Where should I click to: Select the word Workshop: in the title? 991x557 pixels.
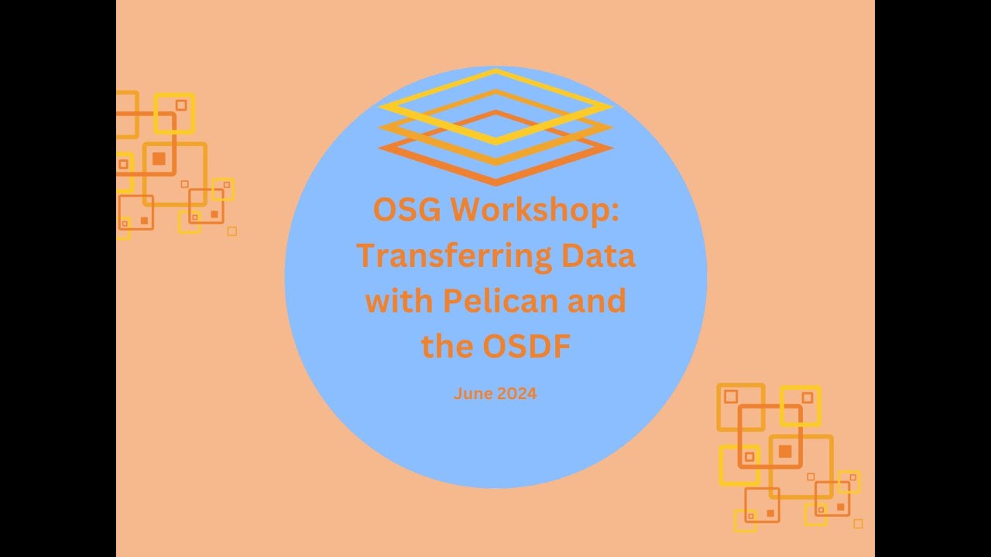[x=535, y=210]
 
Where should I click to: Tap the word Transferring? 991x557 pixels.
[x=454, y=256]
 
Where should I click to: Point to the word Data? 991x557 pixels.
[x=598, y=256]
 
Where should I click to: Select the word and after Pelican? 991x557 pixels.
[x=596, y=300]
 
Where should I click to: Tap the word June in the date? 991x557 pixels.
[x=472, y=394]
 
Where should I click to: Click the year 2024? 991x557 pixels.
[x=517, y=394]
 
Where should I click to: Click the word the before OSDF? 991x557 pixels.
[x=447, y=347]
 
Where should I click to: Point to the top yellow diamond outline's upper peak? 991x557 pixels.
[x=495, y=70]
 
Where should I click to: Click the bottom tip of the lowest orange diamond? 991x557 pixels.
[x=495, y=183]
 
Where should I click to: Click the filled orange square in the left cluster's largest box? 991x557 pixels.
[x=159, y=159]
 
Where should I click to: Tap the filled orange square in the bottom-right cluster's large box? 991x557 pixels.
[x=785, y=451]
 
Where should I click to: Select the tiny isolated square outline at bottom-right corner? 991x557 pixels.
[x=858, y=524]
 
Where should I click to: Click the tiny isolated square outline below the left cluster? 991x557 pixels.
[x=231, y=231]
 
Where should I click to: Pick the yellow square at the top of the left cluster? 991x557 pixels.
[x=174, y=113]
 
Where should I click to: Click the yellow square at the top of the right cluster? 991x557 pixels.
[x=800, y=405]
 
